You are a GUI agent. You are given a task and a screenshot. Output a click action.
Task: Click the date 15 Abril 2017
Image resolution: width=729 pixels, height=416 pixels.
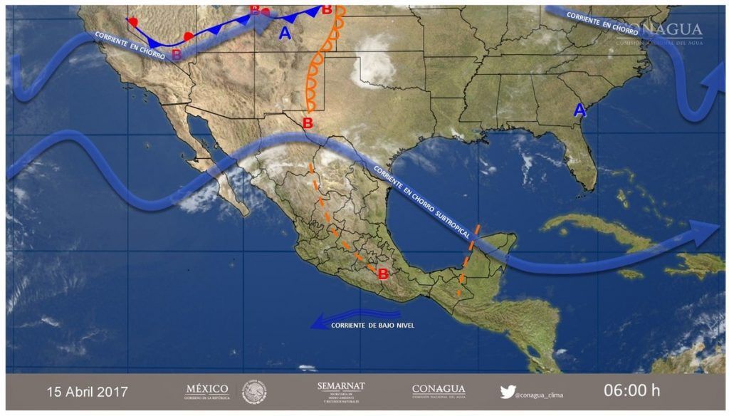tap(87, 392)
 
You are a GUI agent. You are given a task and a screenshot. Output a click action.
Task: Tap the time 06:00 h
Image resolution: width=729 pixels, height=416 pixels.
tap(632, 391)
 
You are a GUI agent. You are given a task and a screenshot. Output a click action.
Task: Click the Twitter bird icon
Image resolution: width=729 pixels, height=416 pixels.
tap(507, 391)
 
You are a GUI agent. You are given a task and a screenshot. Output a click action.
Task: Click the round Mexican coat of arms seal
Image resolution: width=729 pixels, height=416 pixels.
tap(254, 392)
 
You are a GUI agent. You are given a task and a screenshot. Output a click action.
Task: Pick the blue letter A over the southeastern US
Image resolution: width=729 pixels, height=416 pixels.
tap(580, 110)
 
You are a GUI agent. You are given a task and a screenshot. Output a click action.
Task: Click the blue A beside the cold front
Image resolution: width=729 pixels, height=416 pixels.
tap(285, 33)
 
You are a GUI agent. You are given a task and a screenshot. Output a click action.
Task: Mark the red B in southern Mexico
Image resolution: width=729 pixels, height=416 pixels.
tap(383, 274)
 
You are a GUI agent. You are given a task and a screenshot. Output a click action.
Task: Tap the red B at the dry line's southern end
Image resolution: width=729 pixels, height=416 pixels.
tap(308, 123)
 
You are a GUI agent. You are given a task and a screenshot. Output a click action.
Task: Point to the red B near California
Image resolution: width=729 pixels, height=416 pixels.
tap(177, 53)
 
